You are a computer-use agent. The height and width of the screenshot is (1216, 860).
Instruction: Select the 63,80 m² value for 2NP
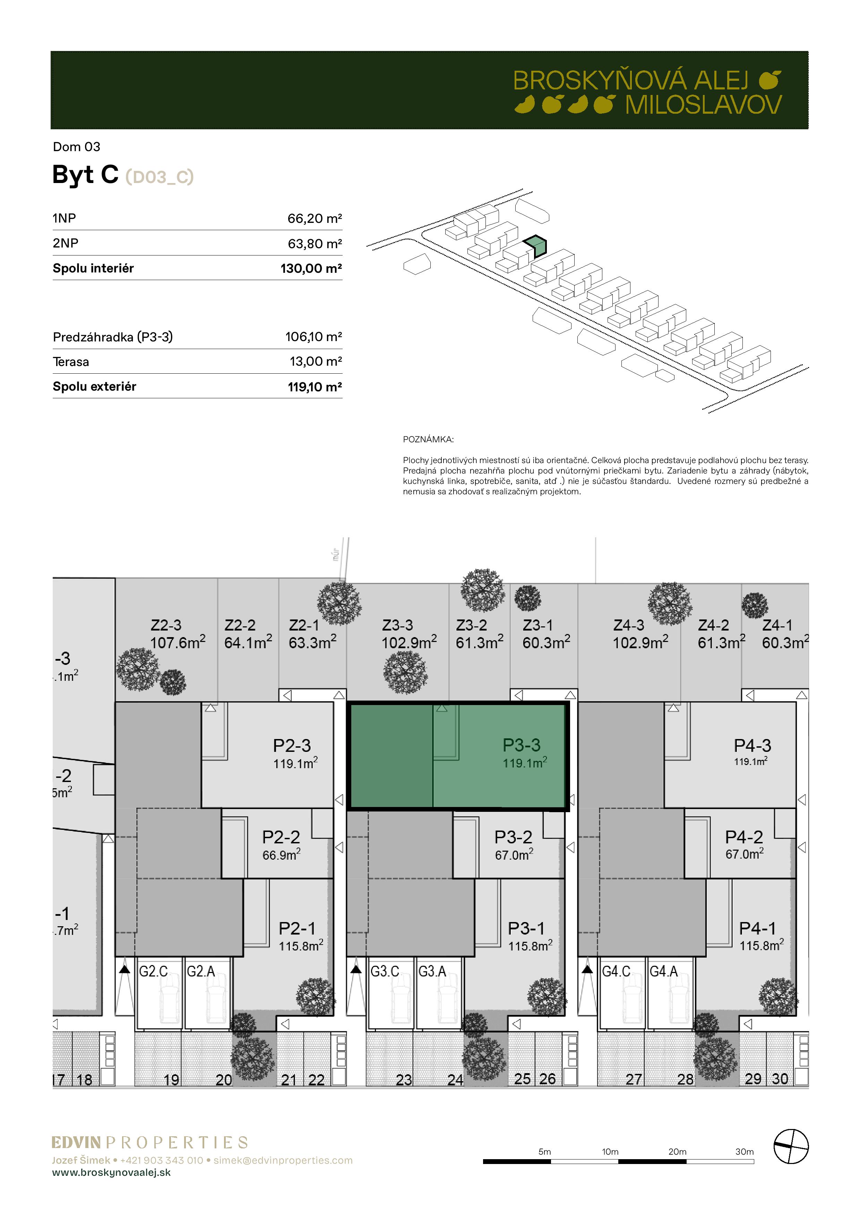315,244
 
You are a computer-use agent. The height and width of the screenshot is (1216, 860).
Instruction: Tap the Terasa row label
71,362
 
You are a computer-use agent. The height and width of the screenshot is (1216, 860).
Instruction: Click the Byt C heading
85,174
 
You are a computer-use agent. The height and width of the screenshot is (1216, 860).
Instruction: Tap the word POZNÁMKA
428,440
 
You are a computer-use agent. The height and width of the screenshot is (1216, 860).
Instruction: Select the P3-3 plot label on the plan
522,745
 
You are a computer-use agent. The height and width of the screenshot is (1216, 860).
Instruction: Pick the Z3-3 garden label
397,625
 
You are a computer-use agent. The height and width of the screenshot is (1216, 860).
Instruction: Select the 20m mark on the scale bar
677,1152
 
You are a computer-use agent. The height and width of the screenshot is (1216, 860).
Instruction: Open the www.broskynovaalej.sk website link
111,1173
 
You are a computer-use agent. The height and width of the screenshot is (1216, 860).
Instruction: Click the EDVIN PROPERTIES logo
149,1143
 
